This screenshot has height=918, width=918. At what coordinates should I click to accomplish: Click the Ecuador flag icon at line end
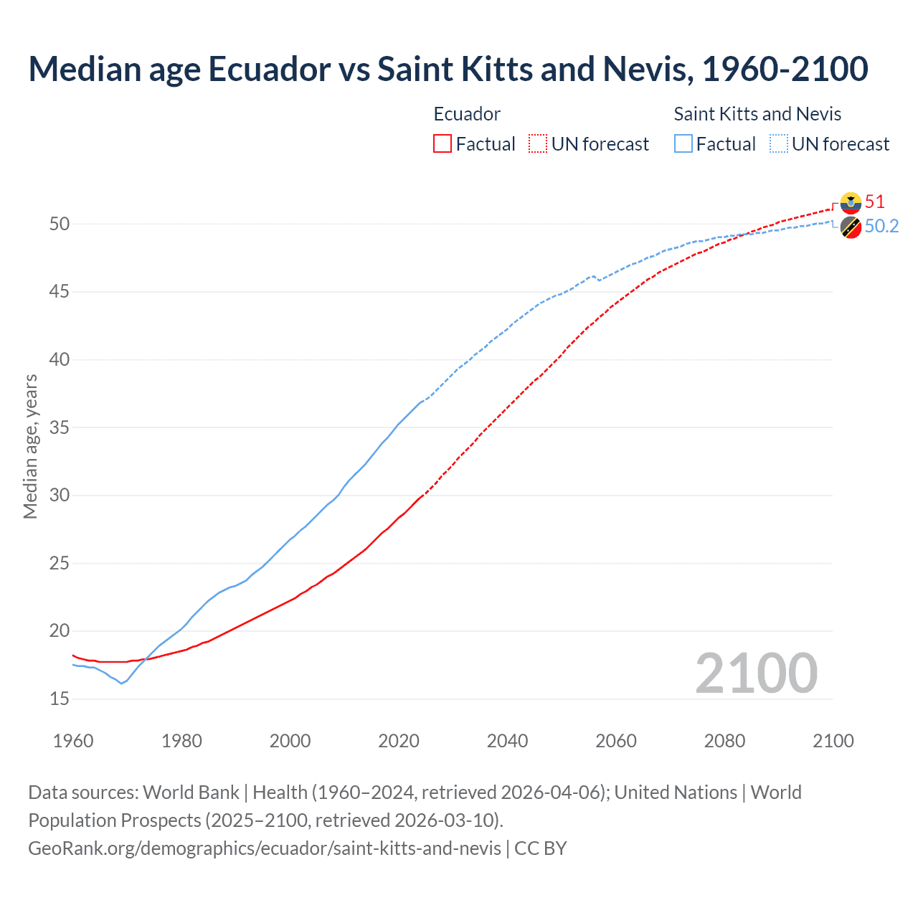[851, 203]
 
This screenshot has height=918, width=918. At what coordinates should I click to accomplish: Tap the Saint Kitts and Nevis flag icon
[851, 227]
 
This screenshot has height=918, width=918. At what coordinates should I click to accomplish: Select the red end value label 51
[874, 202]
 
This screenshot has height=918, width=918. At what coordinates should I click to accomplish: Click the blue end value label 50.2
[881, 227]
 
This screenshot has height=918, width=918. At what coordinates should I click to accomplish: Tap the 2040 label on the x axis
[507, 741]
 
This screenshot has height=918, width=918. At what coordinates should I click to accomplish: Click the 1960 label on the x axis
[73, 741]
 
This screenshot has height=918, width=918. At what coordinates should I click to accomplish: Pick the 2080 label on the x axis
[724, 741]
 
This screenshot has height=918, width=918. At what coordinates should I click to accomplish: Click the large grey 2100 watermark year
[756, 673]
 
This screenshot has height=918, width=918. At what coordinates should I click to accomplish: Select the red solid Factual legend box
[443, 144]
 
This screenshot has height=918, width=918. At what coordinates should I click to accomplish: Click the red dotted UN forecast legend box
[538, 144]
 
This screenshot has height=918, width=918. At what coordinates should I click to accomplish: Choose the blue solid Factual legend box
[683, 144]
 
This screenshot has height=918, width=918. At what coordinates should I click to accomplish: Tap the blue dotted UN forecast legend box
[779, 144]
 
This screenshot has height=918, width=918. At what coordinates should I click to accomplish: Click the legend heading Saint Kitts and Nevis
[757, 114]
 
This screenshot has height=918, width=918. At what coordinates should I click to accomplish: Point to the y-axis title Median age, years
[30, 446]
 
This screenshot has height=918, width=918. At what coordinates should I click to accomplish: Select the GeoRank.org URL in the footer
[265, 848]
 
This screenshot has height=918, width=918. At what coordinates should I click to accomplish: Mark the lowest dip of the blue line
[121, 683]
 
